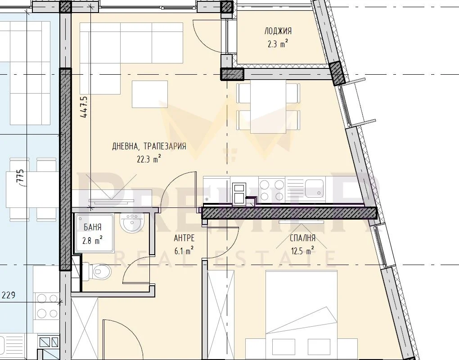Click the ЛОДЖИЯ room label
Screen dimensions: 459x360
tap(278, 31)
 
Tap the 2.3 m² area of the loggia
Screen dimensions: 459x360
tap(278, 44)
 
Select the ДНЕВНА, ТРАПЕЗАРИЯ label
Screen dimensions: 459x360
tap(149, 146)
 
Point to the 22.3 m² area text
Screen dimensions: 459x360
tap(148, 159)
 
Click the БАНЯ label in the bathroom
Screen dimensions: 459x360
tap(93, 227)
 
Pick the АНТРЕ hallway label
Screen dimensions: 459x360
tap(184, 238)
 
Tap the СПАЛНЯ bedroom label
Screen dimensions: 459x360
tap(302, 238)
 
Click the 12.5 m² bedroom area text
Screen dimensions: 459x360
tap(302, 251)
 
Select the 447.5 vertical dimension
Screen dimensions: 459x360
tap(84, 107)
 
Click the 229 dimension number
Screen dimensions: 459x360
tap(9, 295)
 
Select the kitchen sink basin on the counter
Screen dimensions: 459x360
tap(315, 187)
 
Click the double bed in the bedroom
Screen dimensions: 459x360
tap(301, 315)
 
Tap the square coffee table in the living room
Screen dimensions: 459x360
tap(149, 94)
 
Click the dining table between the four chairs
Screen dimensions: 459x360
tap(268, 106)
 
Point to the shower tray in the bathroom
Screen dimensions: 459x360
tap(94, 233)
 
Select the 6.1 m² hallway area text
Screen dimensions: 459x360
tap(184, 251)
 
